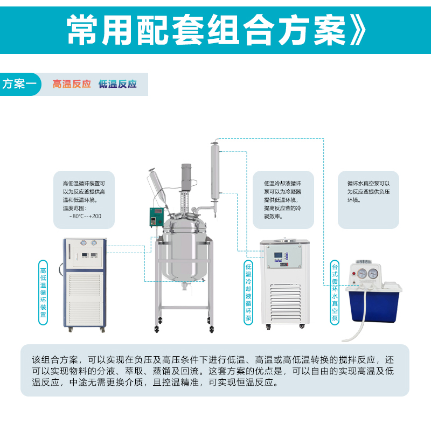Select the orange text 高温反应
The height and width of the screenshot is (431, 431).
point(72,85)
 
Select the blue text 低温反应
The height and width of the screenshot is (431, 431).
point(117,85)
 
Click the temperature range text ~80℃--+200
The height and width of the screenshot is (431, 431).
point(85,216)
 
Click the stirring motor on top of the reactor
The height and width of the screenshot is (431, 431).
point(186,175)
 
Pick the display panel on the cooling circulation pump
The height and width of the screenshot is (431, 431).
point(281,258)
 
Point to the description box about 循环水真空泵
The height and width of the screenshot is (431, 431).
point(369,199)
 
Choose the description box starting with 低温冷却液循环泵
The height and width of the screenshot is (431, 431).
point(283,199)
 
